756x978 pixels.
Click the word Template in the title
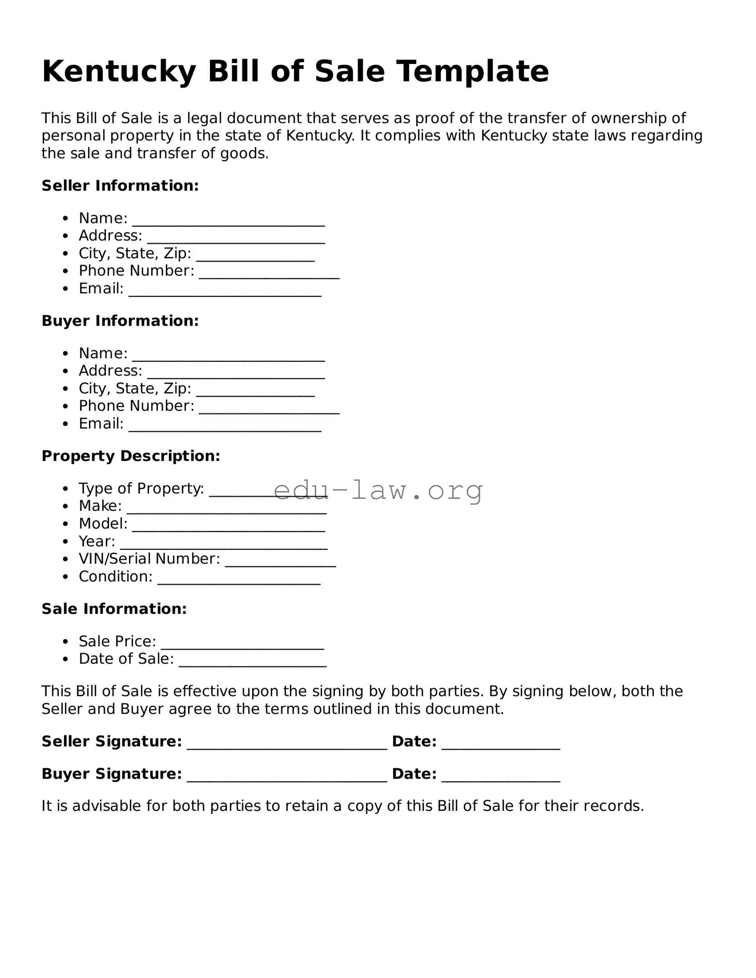(472, 72)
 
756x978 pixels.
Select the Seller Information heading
(120, 186)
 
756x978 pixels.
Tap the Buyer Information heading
(120, 321)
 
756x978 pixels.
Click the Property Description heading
(131, 456)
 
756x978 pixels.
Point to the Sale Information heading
(114, 609)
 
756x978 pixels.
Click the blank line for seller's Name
(228, 222)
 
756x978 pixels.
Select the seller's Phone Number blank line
(269, 275)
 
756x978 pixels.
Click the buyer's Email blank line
(225, 428)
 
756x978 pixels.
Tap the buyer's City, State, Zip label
(135, 389)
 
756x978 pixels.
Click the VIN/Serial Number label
(149, 559)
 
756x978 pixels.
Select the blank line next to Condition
(239, 581)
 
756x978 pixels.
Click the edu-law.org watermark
(378, 490)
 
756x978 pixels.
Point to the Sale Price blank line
(242, 646)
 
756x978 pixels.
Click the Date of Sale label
(126, 659)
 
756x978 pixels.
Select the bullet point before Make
(66, 506)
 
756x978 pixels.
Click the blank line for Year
(224, 546)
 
